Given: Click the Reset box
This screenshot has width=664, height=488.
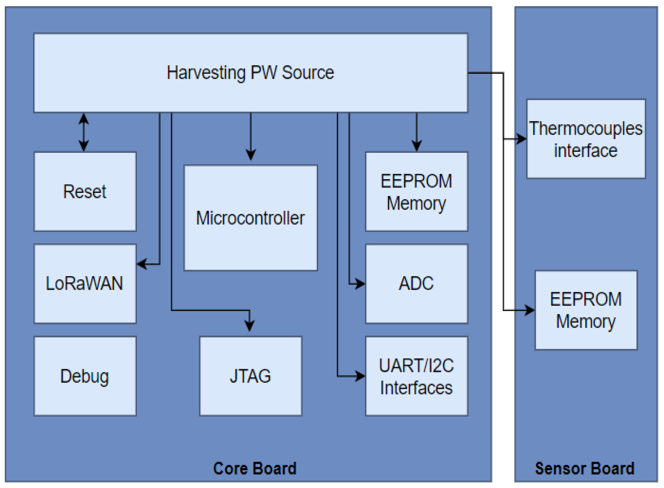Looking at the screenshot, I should coord(85,192).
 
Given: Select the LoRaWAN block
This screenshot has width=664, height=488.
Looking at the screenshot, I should coord(85,284).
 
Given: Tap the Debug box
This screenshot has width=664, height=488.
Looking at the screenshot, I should coord(85,376).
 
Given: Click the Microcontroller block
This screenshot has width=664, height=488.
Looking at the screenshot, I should coord(250,218).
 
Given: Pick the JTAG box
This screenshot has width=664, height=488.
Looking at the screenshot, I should coord(250,376).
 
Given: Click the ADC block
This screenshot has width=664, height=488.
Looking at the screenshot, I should coord(416,284).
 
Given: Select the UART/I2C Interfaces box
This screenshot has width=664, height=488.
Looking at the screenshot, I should coord(416,376).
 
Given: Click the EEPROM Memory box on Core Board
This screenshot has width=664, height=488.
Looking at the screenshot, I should coord(416,192).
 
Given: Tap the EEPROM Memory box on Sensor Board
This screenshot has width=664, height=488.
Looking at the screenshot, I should coord(586,310).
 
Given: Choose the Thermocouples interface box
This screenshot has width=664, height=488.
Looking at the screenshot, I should coord(586,139).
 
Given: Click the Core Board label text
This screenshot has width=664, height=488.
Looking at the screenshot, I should coord(254,468).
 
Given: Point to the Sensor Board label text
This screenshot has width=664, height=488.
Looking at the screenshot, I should coord(585,468).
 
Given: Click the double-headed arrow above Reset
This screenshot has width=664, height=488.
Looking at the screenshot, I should coord(84,132).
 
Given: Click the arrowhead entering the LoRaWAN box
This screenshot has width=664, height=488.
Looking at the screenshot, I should coord(142,264).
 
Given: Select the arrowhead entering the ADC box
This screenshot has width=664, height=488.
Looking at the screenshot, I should coord(360,284).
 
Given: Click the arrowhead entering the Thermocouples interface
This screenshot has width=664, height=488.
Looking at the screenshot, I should coord(521,139).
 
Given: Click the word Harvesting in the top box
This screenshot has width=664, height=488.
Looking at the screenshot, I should coord(206,73).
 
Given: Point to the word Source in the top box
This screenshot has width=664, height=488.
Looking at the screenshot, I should coord(308,73).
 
